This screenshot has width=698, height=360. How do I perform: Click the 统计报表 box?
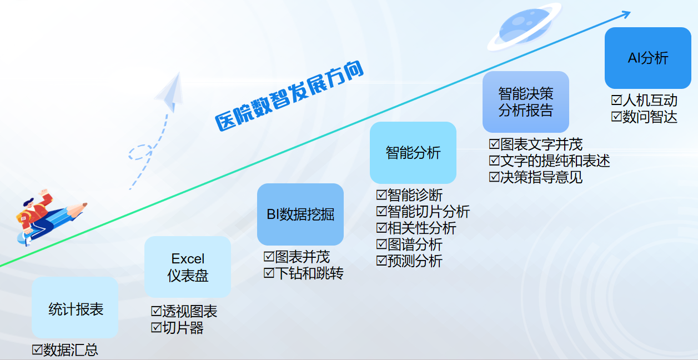tap(75, 307)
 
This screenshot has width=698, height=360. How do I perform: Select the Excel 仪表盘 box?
tap(188, 267)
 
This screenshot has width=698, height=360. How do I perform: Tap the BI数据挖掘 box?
tap(300, 214)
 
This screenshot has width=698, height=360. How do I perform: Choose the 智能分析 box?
tap(413, 153)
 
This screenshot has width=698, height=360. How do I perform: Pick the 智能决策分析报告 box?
tap(526, 102)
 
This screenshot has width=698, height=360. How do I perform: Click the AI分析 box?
tap(648, 58)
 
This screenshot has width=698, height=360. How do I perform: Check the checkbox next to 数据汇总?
tap(37, 349)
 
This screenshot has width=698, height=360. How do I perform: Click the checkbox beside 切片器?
tap(156, 327)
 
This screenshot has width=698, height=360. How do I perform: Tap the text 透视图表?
tap(190, 311)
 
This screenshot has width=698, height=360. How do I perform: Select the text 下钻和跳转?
tap(309, 273)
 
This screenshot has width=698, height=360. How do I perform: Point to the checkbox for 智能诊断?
tap(381, 195)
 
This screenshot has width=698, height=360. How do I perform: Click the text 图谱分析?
tap(415, 244)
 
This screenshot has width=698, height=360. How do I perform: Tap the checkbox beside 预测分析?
tap(381, 260)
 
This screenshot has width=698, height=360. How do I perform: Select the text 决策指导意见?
tap(541, 177)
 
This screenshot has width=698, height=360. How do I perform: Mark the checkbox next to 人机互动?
tap(616, 100)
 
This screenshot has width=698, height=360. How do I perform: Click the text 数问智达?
tap(650, 117)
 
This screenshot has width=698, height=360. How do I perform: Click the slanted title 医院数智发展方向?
tap(289, 96)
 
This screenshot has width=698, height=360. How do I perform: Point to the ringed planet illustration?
tap(524, 26)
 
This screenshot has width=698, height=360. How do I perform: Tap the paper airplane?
tap(170, 92)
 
